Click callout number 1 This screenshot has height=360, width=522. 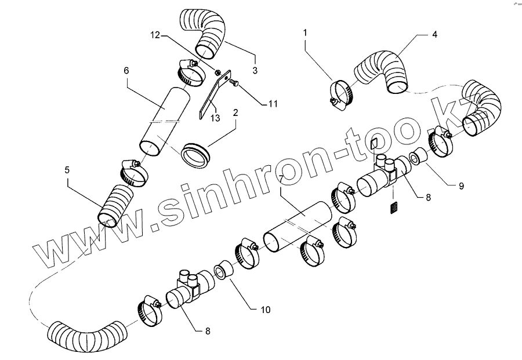[x=305, y=34]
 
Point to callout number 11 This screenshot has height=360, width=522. [x=273, y=104]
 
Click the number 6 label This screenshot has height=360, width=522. [x=126, y=70]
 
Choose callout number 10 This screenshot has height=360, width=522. [x=265, y=310]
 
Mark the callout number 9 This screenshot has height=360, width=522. [x=461, y=187]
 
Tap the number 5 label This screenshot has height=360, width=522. [x=67, y=170]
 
